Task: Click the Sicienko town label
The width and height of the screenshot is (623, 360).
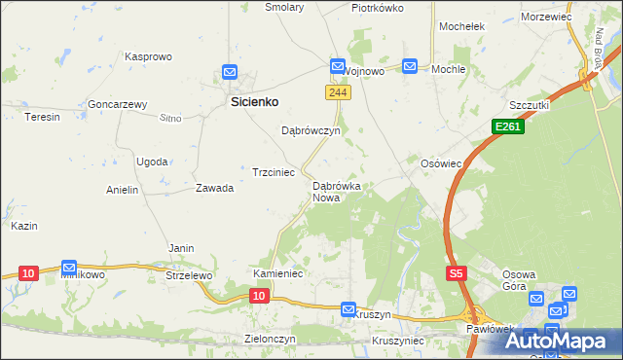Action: pos(254,100)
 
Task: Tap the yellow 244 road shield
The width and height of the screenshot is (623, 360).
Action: pos(336,92)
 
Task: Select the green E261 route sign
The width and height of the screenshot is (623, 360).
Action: pos(507,126)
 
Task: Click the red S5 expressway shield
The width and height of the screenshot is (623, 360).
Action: pos(457,274)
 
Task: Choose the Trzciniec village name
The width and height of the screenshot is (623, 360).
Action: pos(274,172)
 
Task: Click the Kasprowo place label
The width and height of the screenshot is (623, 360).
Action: pos(148,57)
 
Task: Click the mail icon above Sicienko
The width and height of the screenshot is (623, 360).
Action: pos(229,72)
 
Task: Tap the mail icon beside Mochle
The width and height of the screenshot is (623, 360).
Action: pos(410,66)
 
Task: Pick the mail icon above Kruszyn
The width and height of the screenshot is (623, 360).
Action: pos(348,308)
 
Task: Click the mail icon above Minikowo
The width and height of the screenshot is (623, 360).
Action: pos(69,267)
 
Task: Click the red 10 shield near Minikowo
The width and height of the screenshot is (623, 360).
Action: pos(27,273)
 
